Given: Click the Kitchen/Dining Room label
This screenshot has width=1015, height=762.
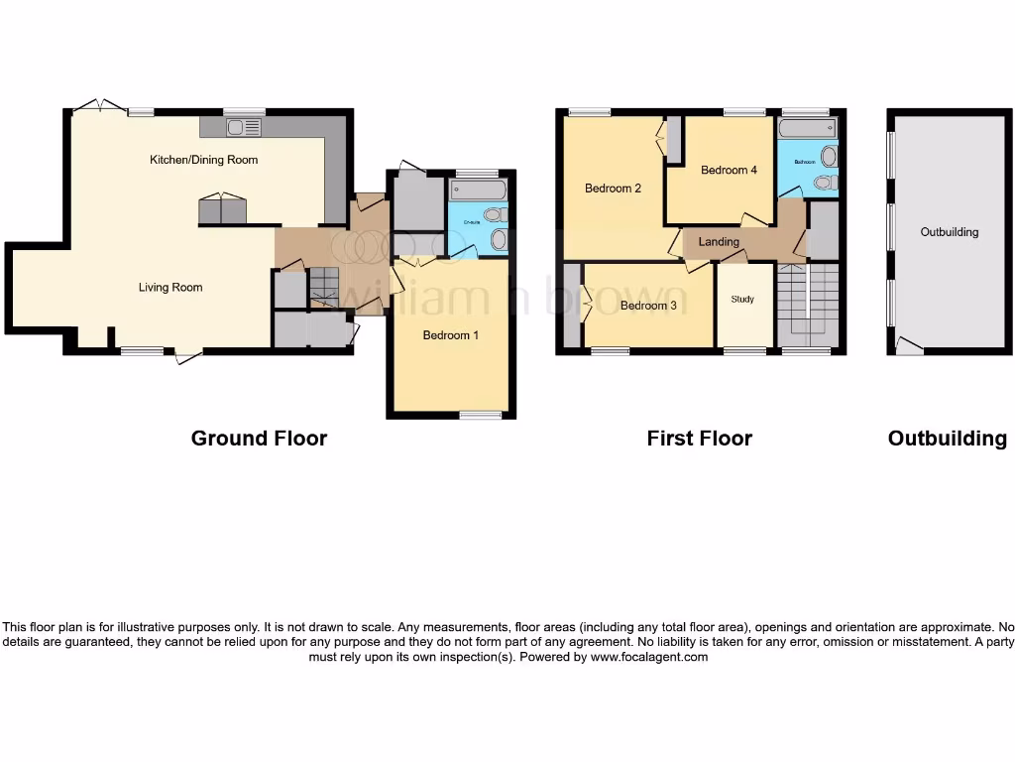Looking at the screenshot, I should [203, 160].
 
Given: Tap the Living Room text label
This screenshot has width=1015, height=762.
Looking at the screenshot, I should [170, 288].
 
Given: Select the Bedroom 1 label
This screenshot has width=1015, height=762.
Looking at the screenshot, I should [451, 335].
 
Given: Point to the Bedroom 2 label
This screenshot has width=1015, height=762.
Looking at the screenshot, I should [613, 189].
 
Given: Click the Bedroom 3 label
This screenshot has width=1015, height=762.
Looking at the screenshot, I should [648, 306].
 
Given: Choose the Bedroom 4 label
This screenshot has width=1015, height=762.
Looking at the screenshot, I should [729, 171].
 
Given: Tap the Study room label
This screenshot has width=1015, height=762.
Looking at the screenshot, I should [742, 299].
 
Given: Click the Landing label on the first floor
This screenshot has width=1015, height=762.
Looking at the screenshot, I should [719, 242].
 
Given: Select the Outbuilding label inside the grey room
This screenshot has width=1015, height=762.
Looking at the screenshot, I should [949, 232].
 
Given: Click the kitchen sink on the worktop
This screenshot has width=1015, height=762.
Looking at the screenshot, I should [243, 127].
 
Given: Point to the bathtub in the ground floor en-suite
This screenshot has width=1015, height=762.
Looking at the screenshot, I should [478, 190].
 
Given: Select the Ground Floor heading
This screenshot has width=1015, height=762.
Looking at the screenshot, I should [259, 439].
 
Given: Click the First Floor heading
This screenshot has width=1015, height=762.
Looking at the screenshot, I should [699, 439].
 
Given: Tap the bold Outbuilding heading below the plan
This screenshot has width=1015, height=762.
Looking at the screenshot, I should [947, 439].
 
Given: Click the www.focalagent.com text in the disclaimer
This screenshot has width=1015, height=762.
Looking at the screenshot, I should [649, 657].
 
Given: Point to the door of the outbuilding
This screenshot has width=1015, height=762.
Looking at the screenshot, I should [908, 346].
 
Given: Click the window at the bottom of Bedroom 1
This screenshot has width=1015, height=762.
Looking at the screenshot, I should [480, 415].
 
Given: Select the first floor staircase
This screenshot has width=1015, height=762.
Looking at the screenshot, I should [808, 304].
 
